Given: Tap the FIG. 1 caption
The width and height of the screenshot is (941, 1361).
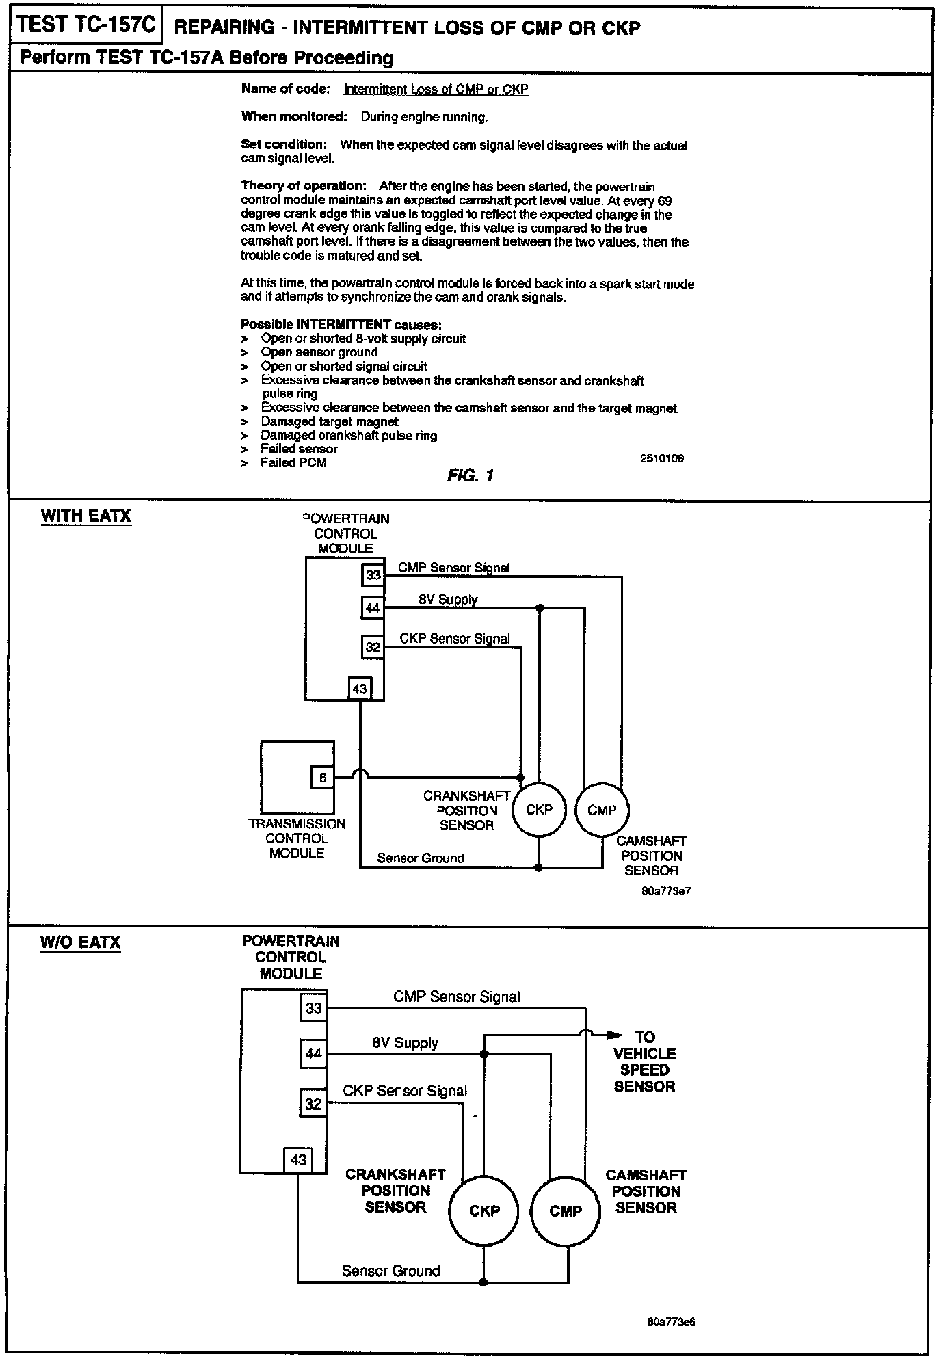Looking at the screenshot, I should [x=471, y=475].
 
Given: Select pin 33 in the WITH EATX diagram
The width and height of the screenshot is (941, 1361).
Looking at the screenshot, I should [x=373, y=575].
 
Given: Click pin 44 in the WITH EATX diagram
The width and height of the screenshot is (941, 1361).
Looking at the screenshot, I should [x=373, y=607].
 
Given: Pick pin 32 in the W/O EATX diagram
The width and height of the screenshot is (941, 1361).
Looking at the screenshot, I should [x=313, y=1104].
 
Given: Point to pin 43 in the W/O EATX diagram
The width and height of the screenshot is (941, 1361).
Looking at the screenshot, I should [x=298, y=1160].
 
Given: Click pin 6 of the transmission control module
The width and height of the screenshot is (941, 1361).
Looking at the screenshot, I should [x=323, y=778].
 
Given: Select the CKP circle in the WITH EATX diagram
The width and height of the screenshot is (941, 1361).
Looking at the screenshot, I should [x=539, y=810].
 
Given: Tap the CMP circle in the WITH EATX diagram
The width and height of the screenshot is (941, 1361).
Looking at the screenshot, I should [x=602, y=810].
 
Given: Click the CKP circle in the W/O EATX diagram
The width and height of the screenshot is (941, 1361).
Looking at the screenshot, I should [x=484, y=1211].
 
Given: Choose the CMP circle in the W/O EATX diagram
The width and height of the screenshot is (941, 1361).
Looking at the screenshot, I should [x=566, y=1211].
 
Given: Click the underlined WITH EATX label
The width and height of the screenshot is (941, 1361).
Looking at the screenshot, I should [x=85, y=516].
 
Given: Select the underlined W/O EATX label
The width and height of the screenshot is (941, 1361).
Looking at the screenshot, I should [x=80, y=942].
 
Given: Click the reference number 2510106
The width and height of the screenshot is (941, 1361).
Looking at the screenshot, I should [x=661, y=458].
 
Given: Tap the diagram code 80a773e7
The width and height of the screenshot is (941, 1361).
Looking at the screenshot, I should [x=667, y=892].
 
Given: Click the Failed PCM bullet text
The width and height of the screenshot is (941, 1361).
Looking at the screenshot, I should [x=293, y=463].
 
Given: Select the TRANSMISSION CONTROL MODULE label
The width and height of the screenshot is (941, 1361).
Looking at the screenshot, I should [x=297, y=838].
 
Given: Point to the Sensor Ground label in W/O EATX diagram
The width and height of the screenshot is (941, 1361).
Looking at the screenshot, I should [x=390, y=1271].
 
